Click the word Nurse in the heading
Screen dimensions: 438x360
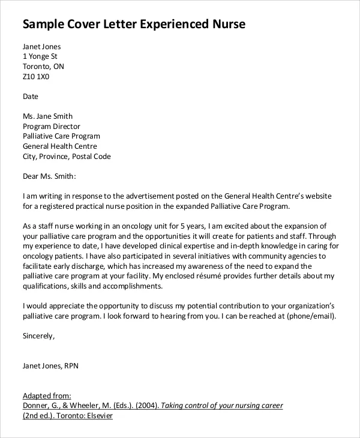pyautogui.click(x=226, y=25)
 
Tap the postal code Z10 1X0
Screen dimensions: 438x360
pyautogui.click(x=36, y=77)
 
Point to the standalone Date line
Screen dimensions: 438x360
pyautogui.click(x=31, y=96)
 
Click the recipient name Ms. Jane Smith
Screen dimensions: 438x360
pyautogui.click(x=47, y=116)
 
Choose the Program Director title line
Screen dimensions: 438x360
pyautogui.click(x=51, y=127)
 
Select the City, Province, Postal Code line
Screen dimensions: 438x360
pyautogui.click(x=67, y=157)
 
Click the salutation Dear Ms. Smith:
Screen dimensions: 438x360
pyautogui.click(x=50, y=176)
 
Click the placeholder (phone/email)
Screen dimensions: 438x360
pyautogui.click(x=311, y=316)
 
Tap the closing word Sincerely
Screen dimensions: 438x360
pyautogui.click(x=38, y=336)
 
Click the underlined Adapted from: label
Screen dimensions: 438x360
pyautogui.click(x=47, y=396)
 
